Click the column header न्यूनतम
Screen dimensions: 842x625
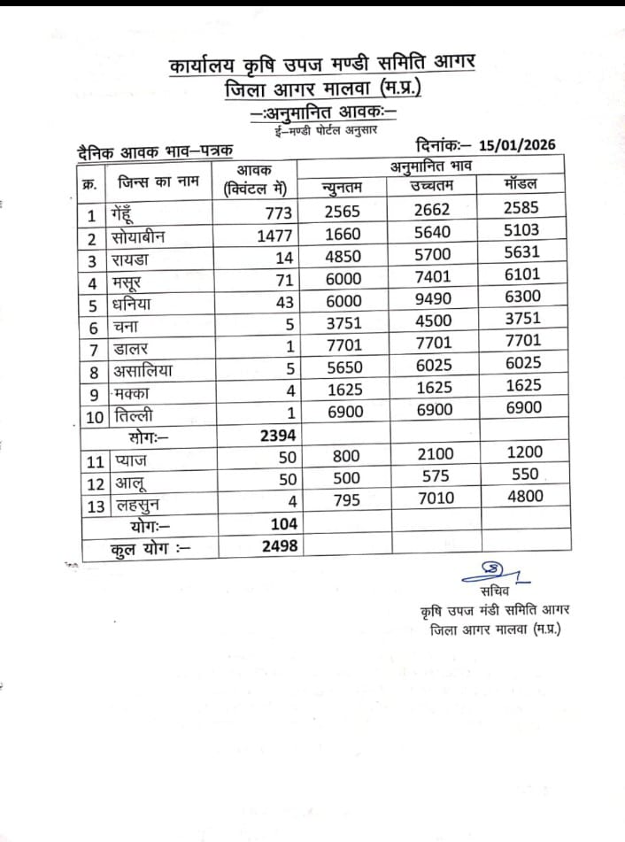coord(343,187)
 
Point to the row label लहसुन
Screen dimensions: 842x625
coord(138,502)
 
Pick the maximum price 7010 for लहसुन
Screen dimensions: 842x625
coord(435,498)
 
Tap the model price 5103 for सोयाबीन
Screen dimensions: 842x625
coord(521,230)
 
